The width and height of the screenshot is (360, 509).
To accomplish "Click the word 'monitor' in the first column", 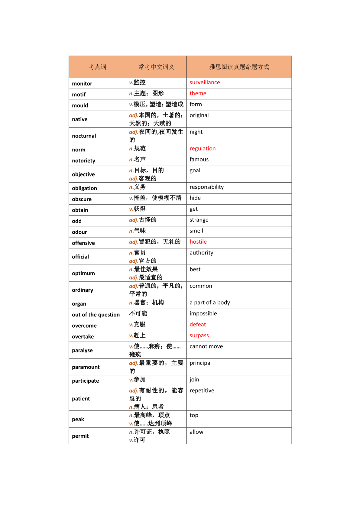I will pos(82,84).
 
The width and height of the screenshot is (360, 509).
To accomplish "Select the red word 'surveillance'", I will pos(205,83).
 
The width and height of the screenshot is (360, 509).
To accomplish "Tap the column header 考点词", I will pos(97,67).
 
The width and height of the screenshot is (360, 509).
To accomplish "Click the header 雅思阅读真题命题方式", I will pos(239,67).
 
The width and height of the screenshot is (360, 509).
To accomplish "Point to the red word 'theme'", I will pos(198,93).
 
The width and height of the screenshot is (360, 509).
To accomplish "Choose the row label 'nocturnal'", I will pos(84,136).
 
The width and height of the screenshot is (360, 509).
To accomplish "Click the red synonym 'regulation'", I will pos(203,148).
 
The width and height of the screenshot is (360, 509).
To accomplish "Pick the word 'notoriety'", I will pos(83,161).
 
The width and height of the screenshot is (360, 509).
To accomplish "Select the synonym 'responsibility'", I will pos(206,187).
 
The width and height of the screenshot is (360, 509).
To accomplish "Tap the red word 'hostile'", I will pos(198,242).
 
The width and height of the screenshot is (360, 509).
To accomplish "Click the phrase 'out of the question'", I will pos(96,315).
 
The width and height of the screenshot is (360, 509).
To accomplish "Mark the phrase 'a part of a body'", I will pos(209,303).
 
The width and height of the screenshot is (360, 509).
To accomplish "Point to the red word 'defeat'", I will pos(198,325).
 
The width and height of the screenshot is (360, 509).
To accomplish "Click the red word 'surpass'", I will pos(199,336).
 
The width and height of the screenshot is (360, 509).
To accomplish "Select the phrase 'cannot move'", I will pos(206,346).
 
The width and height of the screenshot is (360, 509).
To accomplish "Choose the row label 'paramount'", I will pos(86,367).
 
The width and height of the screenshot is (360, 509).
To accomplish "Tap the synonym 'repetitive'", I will pos(202,391).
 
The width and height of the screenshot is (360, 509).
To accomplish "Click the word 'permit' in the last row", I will pos(80,436).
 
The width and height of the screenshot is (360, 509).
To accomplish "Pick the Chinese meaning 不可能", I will pos(138,313).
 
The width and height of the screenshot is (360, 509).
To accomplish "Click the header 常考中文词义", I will pos(156,67).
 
